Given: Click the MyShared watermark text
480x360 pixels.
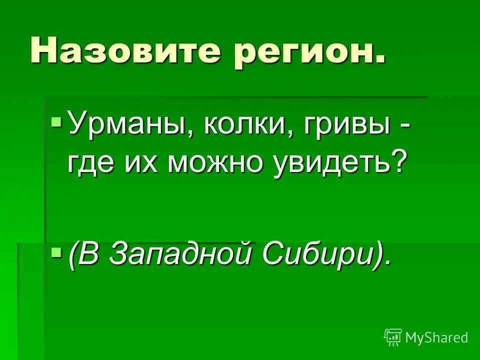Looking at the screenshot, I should click(436, 337).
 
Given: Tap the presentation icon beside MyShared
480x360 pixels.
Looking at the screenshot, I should click(393, 337).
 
